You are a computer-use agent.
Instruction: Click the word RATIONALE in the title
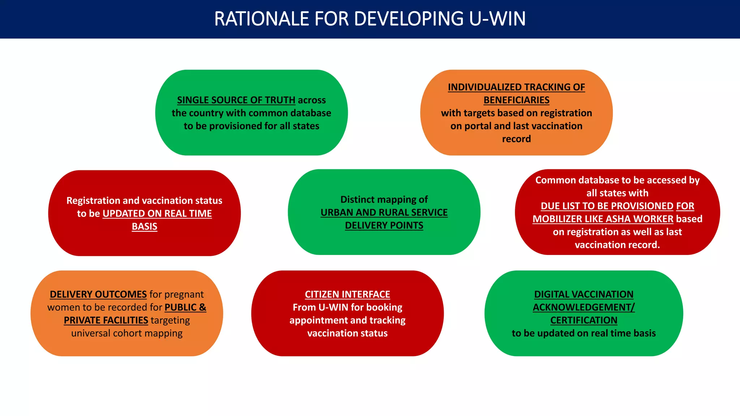(x=262, y=19)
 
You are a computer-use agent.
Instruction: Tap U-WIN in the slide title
(x=497, y=19)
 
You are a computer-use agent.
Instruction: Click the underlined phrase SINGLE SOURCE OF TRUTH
(x=236, y=100)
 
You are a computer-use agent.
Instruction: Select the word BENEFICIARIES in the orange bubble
(x=516, y=100)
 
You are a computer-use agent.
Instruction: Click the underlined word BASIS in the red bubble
(x=145, y=226)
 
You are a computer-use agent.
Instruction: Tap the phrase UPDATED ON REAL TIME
(x=157, y=213)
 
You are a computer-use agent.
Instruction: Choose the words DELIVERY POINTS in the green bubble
(x=384, y=225)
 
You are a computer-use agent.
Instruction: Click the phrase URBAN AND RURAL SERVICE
(x=384, y=212)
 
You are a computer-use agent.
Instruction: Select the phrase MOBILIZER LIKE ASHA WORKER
(x=603, y=219)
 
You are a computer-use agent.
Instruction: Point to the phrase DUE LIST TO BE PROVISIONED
(x=607, y=206)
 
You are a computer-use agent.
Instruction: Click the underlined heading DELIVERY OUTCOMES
(x=98, y=294)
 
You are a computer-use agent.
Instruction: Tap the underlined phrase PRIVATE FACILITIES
(x=106, y=320)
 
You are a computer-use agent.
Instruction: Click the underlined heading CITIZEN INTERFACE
(x=347, y=294)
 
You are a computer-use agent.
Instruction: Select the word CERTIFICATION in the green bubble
(x=584, y=320)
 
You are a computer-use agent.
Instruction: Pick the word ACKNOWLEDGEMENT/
(x=584, y=307)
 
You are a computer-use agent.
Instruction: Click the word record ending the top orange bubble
(x=516, y=139)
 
